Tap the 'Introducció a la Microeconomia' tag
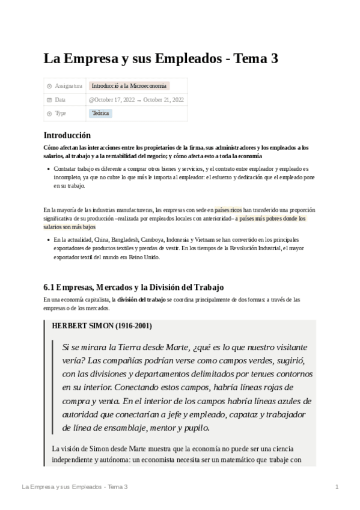point(129,86)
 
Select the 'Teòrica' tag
point(100,113)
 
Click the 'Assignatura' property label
point(68,86)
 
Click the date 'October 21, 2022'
point(164,100)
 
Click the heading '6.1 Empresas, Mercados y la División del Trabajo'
point(133,286)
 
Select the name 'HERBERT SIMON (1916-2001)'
point(102,326)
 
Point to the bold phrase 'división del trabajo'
point(142,299)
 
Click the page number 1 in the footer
point(338,486)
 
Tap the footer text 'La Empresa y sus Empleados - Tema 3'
point(74,486)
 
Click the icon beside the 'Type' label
point(49,113)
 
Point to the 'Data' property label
point(60,100)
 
